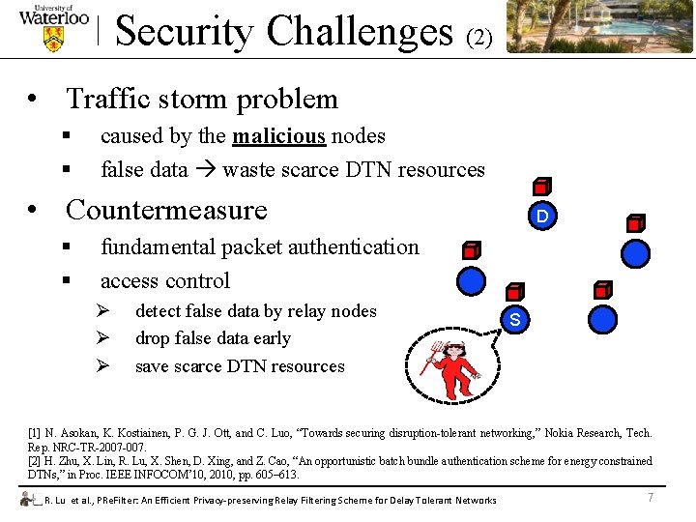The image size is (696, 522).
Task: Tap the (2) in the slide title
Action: pyautogui.click(x=479, y=38)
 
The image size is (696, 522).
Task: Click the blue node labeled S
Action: pyautogui.click(x=515, y=320)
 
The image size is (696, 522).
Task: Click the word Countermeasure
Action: pyautogui.click(x=165, y=210)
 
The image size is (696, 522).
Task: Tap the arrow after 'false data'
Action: pyautogui.click(x=205, y=170)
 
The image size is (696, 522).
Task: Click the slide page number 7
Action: pyautogui.click(x=651, y=497)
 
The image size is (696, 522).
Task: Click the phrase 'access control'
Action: pyautogui.click(x=165, y=281)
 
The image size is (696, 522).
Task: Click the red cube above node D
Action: pyautogui.click(x=542, y=188)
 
